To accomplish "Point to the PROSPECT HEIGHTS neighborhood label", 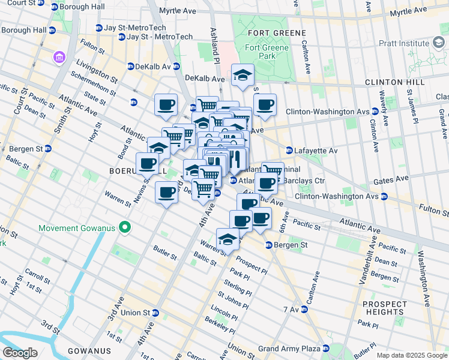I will click(x=384, y=308).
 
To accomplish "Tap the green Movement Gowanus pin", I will click(x=125, y=227).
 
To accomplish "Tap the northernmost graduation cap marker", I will click(x=243, y=75).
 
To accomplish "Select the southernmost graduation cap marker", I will click(x=228, y=240).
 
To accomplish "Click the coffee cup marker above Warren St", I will click(x=167, y=193).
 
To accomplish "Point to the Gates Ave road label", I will click(x=394, y=178).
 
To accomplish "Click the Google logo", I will click(x=20, y=353).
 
